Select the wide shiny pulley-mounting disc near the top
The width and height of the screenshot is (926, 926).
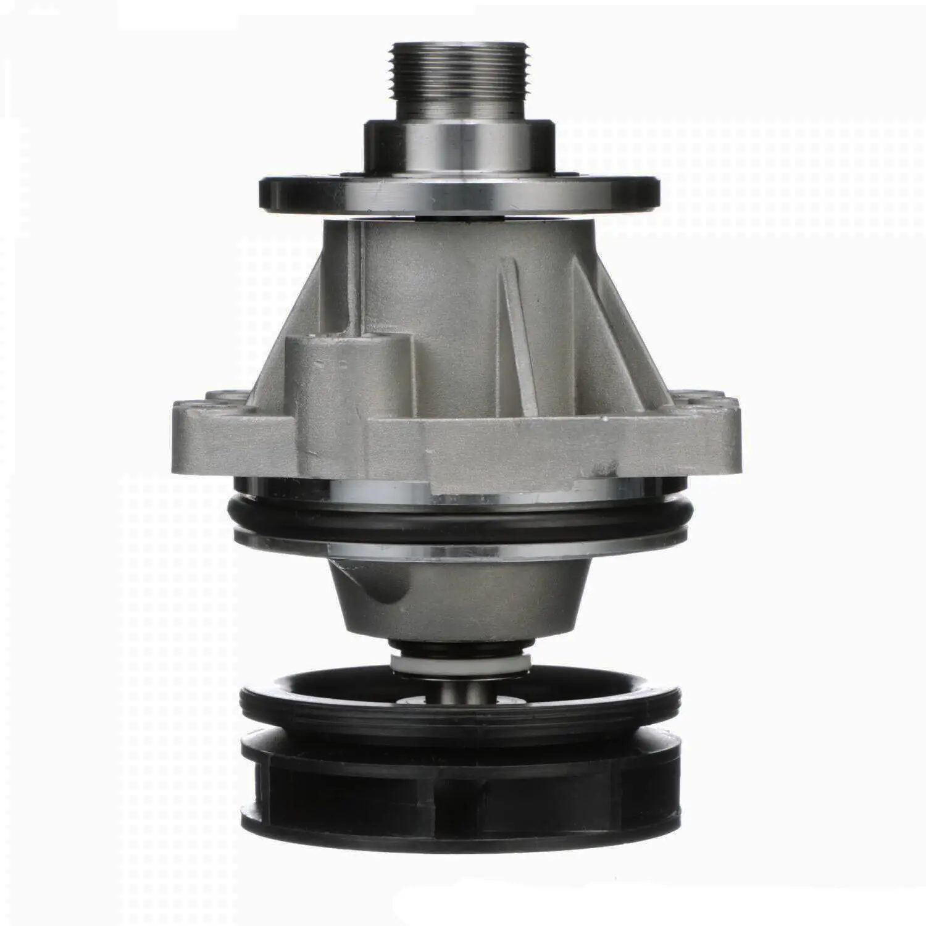tap(460, 196)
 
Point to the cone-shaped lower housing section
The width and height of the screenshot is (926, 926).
tap(460, 593)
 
